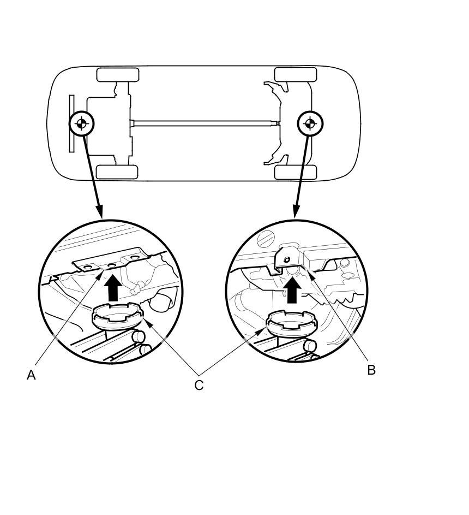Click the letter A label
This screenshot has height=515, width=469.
pos(31,375)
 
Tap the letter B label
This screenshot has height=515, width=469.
pos(371,370)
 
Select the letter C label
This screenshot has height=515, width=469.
pos(199,385)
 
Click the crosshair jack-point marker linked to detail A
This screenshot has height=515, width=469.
pos(81,124)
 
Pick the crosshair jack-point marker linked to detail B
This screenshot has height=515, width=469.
pos(310,124)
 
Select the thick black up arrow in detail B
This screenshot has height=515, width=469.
pos(292,291)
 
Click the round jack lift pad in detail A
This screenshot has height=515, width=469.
pos(118,316)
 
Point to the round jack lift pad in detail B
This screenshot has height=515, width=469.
pos(292,323)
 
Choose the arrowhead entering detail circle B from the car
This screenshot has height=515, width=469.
pos(296,212)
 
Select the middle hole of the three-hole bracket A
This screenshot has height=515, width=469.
pos(112,265)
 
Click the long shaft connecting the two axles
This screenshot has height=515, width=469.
pos(205,123)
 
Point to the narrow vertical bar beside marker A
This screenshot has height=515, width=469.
pos(71,123)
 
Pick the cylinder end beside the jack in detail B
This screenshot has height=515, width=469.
pos(309,346)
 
